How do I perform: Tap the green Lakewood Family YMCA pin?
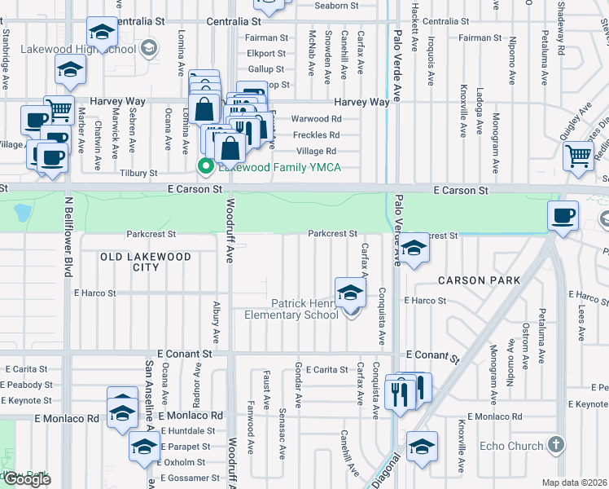[204, 168]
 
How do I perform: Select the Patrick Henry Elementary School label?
[304, 308]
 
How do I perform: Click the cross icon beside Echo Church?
[556, 445]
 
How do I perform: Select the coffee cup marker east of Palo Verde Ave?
[563, 216]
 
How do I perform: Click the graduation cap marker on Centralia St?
[102, 33]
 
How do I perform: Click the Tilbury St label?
[138, 174]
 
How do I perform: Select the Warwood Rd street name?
[315, 119]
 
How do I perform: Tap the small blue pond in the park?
[22, 214]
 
